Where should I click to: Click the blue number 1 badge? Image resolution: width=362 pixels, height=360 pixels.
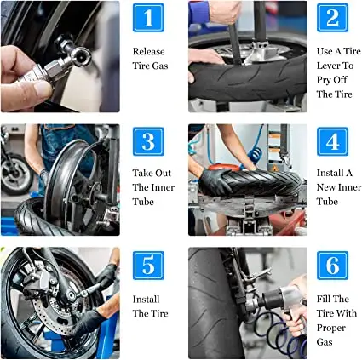click(x=148, y=18)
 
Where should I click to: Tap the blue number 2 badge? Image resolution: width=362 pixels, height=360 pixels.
click(x=332, y=18)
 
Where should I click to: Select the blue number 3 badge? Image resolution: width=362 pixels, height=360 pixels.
click(x=148, y=140)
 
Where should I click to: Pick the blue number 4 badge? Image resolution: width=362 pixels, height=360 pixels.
click(x=332, y=140)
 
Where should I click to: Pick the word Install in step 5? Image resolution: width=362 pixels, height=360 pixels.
click(x=146, y=299)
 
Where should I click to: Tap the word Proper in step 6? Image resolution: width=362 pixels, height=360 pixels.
click(x=331, y=329)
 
